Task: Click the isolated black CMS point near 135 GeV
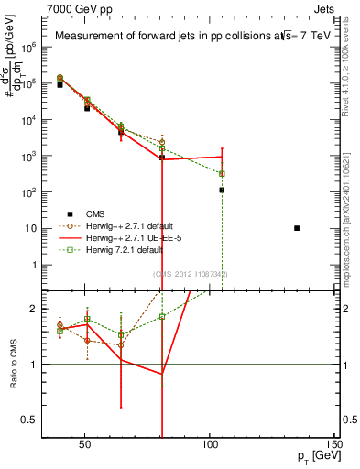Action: (x=297, y=228)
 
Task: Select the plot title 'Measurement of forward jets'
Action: (x=183, y=37)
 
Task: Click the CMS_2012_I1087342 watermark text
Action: (x=190, y=274)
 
